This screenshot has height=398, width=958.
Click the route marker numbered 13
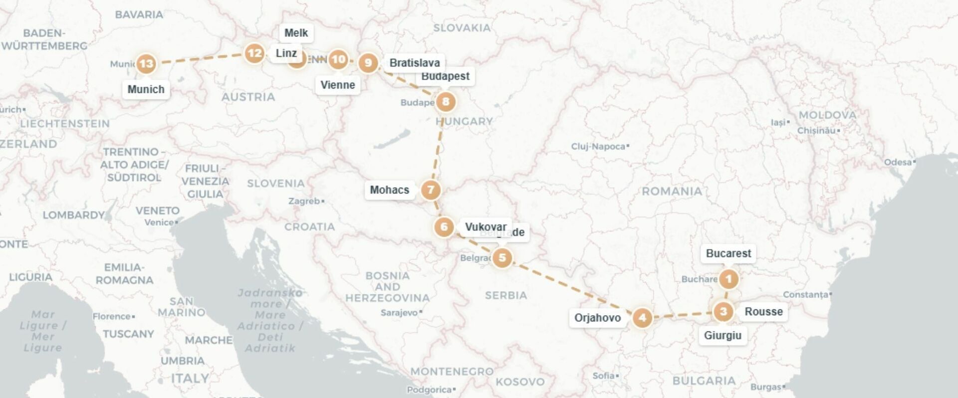point(146,64)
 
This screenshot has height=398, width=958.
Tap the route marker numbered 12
point(254,53)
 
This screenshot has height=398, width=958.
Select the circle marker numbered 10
point(338,60)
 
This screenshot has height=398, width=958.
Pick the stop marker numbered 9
point(368,63)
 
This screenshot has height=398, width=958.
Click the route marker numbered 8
point(446,102)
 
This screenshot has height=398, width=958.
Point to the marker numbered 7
point(431,190)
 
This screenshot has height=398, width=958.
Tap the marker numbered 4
point(642,318)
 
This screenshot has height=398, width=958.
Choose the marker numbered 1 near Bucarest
point(728,279)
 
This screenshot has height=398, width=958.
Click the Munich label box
point(146,89)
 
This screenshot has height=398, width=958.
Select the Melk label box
point(296,33)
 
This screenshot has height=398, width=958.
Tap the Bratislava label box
point(414,63)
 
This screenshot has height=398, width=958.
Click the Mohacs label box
point(389,190)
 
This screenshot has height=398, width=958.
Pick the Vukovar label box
point(485,227)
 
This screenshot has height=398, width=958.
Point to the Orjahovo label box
point(597,318)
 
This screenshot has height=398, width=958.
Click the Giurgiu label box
point(722,336)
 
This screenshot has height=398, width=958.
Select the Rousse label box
point(763,312)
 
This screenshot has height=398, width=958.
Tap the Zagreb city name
point(304,201)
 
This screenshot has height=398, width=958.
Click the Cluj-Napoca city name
point(598,147)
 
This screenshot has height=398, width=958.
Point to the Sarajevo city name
point(399,313)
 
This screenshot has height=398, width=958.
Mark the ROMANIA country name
point(672,192)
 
